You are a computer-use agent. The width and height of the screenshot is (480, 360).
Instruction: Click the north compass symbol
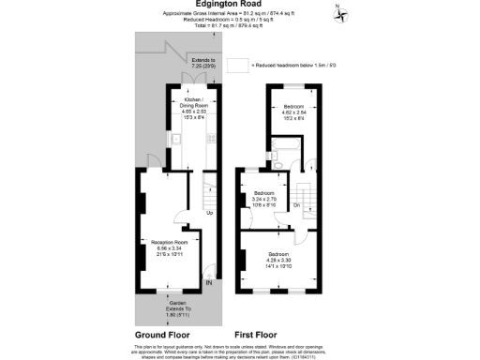(x=340, y=13)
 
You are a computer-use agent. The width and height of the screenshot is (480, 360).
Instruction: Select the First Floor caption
(x=259, y=334)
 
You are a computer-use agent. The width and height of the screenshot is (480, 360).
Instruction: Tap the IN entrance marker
(x=209, y=282)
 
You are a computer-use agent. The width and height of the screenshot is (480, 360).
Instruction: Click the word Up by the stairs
(x=209, y=212)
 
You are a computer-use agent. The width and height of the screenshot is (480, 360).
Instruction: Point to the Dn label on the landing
(x=295, y=203)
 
